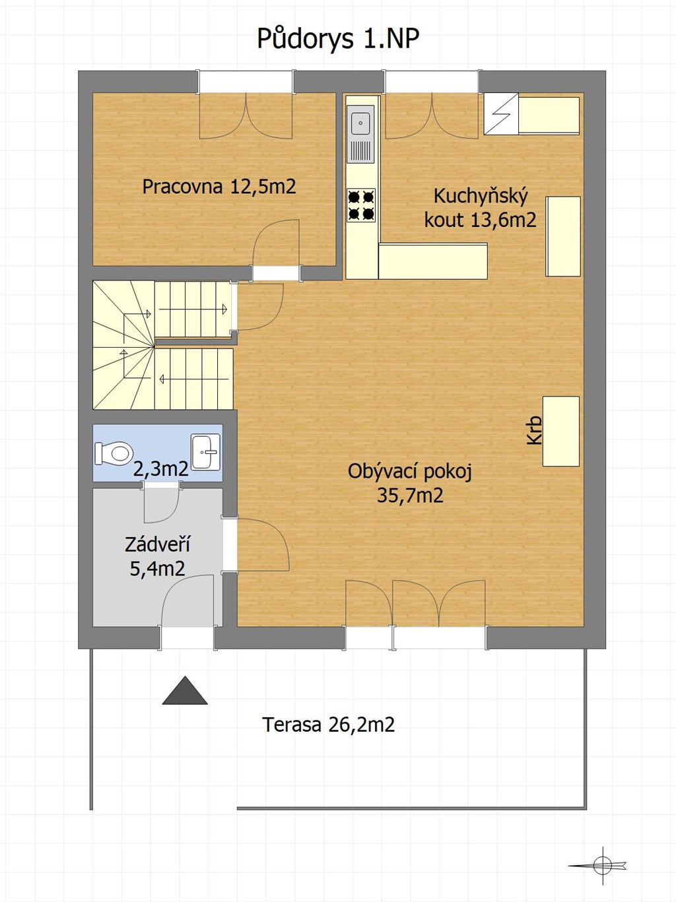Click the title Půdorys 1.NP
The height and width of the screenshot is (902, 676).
tap(338, 40)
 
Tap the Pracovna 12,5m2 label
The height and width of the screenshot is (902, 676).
tap(219, 187)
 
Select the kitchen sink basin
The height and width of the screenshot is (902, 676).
tap(360, 121)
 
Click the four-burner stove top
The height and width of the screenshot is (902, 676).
tap(361, 205)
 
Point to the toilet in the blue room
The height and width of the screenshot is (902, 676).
tap(114, 454)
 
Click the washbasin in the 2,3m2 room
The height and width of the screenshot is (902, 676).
tap(205, 451)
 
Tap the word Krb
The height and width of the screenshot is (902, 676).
tap(534, 430)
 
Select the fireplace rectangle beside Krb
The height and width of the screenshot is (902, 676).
tap(561, 431)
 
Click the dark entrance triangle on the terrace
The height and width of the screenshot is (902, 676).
tap(185, 690)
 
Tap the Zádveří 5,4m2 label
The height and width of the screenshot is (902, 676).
tap(157, 557)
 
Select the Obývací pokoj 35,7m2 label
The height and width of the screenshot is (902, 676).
tap(410, 483)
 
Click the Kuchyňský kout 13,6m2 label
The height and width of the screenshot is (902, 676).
tap(481, 208)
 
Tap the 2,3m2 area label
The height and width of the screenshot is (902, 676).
tap(161, 469)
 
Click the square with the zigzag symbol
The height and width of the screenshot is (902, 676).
tap(501, 114)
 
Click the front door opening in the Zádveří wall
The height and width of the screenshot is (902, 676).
tap(187, 637)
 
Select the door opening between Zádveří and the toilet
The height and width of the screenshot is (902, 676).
tap(161, 485)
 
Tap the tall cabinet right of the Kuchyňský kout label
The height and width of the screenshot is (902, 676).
tap(563, 236)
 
